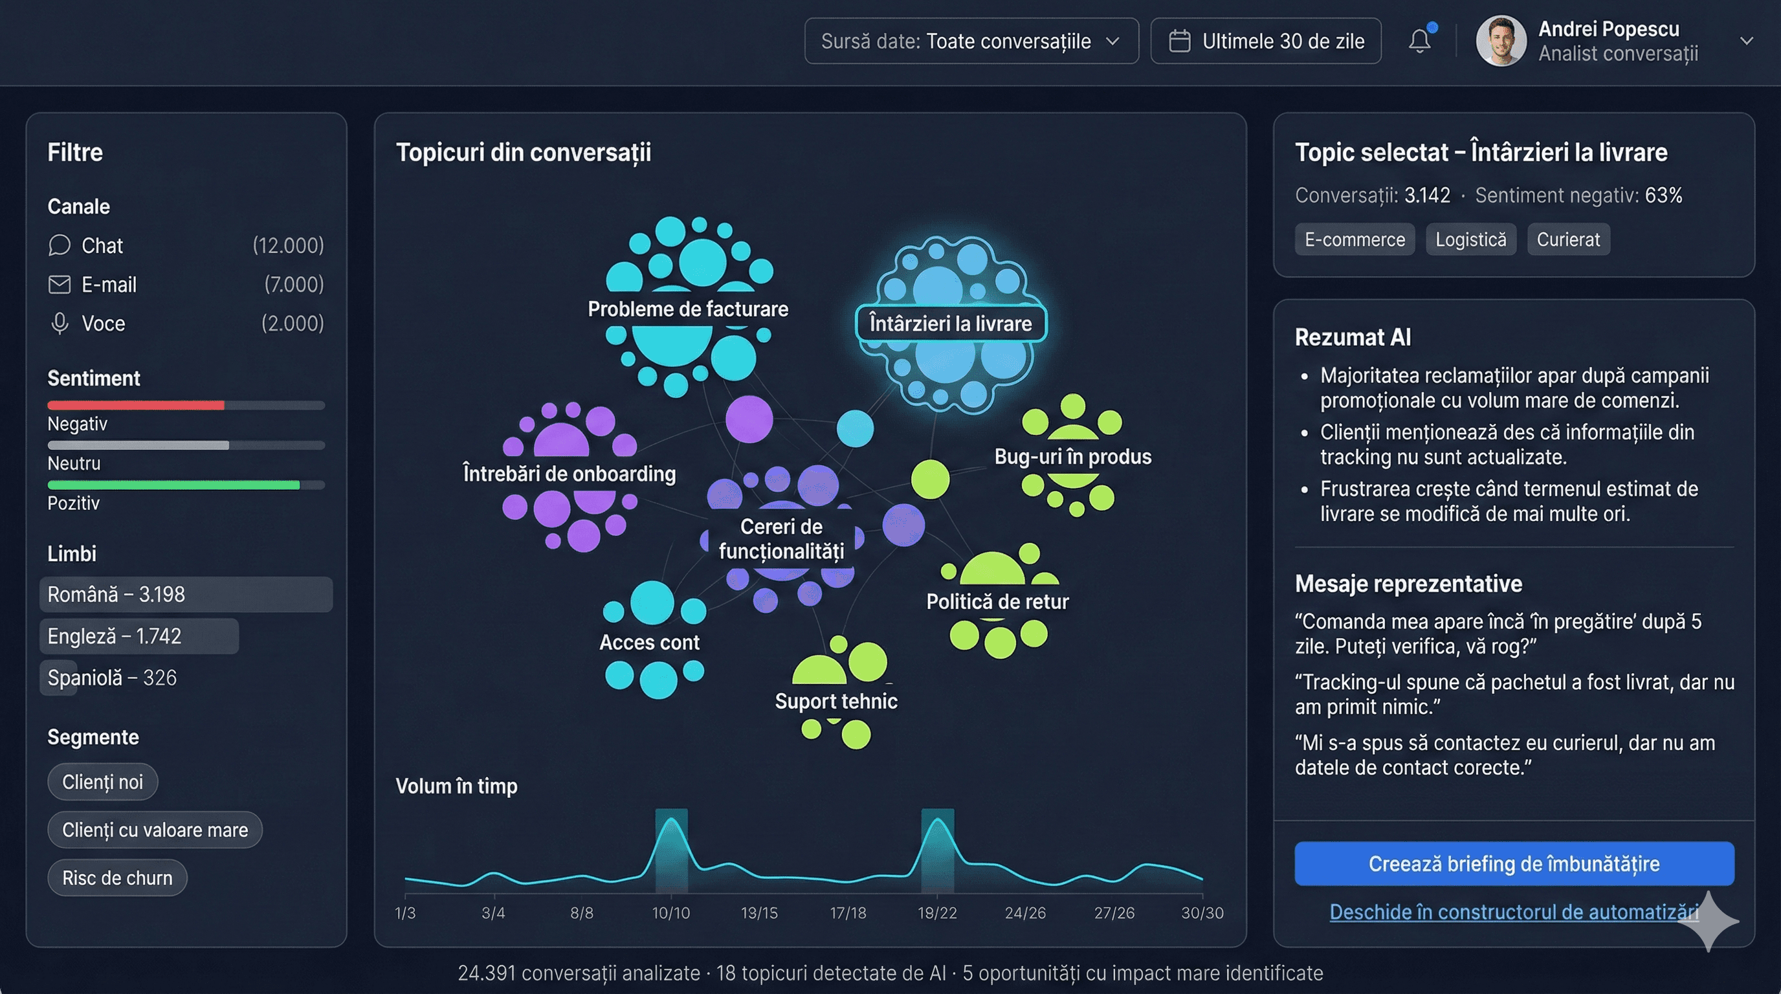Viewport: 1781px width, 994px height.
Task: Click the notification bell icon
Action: [1419, 41]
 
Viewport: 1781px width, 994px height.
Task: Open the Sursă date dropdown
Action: [971, 41]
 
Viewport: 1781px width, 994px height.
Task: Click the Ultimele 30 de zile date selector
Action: [1265, 41]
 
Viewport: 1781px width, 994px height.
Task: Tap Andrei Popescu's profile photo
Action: [1500, 41]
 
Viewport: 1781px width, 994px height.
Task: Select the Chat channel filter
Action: [102, 245]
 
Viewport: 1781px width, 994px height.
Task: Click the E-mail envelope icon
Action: [60, 284]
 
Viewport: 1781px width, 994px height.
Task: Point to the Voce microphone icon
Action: [60, 324]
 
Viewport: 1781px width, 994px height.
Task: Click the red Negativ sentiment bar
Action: [135, 405]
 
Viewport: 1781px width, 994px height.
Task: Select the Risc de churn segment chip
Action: [117, 878]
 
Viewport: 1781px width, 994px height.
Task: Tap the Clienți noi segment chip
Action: [102, 782]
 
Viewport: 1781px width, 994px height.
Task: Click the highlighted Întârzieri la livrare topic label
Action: [951, 324]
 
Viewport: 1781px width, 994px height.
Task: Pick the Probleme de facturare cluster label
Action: [687, 309]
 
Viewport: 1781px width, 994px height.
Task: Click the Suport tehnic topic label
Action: [836, 701]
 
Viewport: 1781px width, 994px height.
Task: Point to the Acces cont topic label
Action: [649, 642]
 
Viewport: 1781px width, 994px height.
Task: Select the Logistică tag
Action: [1470, 239]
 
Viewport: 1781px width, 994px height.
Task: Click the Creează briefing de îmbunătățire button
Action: [1514, 863]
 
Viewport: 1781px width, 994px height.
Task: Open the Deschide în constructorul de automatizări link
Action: [1514, 912]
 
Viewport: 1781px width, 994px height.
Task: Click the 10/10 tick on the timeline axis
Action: [670, 912]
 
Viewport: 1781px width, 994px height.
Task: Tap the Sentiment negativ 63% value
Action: [1663, 195]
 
